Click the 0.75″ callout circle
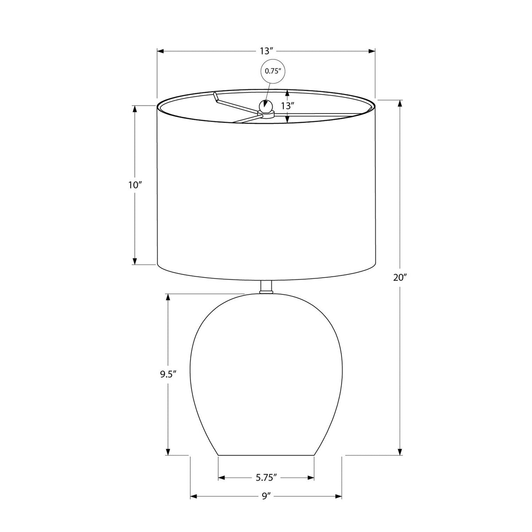273,71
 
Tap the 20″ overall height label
400,278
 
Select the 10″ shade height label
135,185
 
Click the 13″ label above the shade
266,51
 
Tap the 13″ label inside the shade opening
287,106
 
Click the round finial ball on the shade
266,106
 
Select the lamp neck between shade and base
266,287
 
